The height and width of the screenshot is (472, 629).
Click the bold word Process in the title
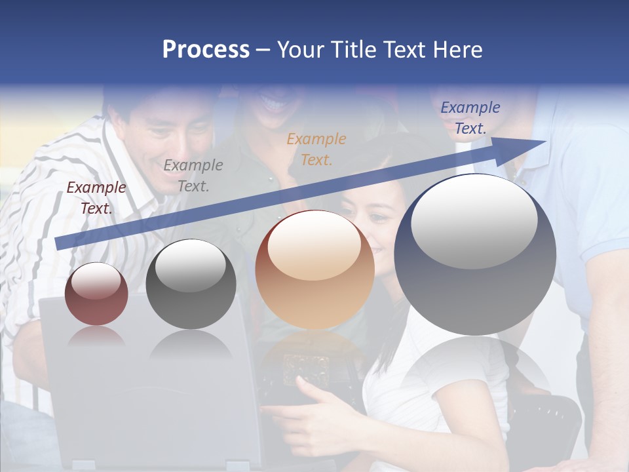coord(206,50)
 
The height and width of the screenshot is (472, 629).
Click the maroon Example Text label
coord(96,198)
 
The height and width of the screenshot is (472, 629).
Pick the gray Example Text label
coord(193,176)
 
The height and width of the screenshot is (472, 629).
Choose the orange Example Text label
coord(316,149)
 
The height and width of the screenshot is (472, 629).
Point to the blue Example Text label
coord(470,118)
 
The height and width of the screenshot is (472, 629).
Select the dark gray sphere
coord(191,285)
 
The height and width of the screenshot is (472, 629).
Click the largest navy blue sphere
coord(475,256)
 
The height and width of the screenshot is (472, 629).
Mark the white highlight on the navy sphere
coord(474,221)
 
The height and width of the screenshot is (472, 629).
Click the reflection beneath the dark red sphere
coord(96,337)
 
